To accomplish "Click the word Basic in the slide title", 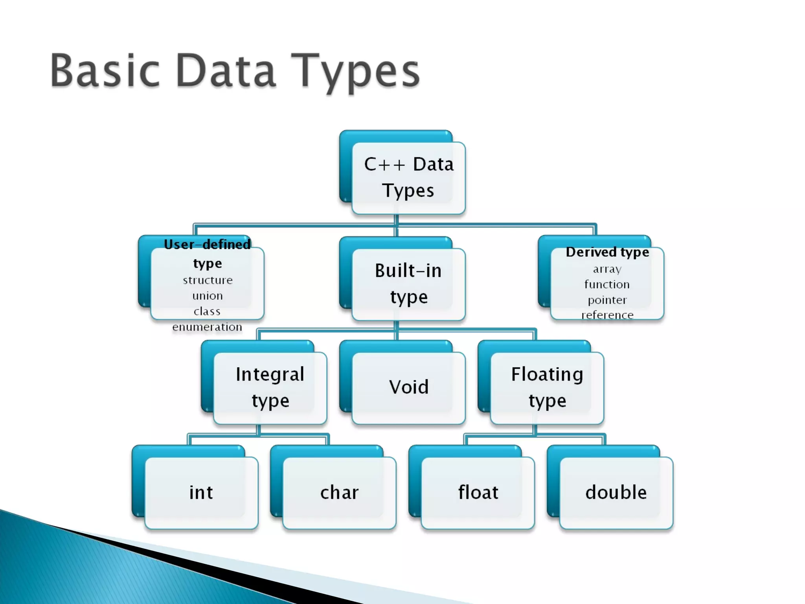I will pos(105,71).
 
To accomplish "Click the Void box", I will pos(408,387).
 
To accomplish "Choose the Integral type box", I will pos(270,387).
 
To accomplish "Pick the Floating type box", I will pos(547,387).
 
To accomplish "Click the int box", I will pos(201,493).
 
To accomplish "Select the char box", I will pos(339,493).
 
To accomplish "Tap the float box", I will pos(478,493).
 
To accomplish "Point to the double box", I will pos(616,493).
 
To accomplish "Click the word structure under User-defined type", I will pos(208,280).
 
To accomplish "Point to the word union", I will pos(208,296).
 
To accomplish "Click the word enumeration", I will pos(207,327).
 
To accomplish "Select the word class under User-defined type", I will pos(207,311).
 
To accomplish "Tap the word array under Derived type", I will pos(607,269).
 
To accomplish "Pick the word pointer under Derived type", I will pos(607,300).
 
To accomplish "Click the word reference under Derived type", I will pos(607,315).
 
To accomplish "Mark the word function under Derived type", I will pos(607,284).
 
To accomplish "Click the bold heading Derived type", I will pos(607,252).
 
